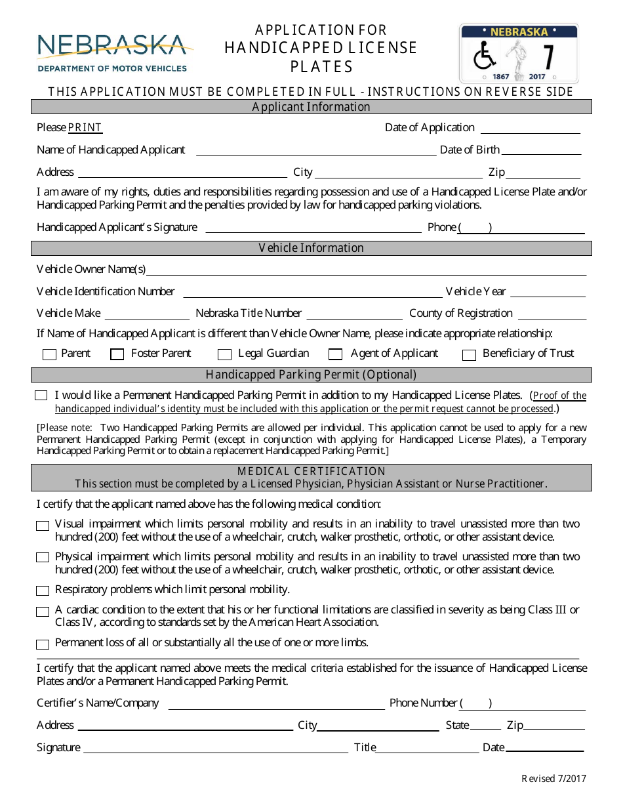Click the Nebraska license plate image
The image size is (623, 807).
point(519,53)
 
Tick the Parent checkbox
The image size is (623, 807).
point(49,355)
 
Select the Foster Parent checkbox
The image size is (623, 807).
point(117,355)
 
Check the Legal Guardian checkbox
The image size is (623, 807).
point(225,355)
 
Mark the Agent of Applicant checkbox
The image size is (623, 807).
point(336,355)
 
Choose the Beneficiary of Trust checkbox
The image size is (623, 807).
point(469,355)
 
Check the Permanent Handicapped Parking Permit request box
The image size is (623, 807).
point(41,396)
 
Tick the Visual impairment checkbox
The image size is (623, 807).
point(43,526)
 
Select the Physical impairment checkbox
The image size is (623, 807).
point(43,558)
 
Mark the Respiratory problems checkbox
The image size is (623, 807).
point(43,590)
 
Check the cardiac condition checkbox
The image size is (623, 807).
point(43,611)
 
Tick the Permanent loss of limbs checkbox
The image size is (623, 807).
point(43,644)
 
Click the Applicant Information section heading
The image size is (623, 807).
point(311,107)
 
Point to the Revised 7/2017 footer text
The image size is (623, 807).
point(553,779)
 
